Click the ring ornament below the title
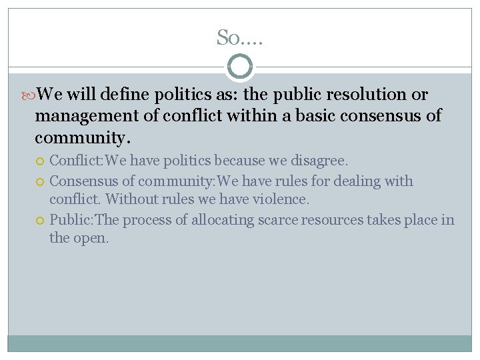tap(240, 67)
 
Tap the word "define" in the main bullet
tap(126, 95)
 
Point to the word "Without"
tap(128, 199)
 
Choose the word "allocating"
tap(223, 221)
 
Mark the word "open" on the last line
tap(89, 238)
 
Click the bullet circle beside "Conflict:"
tap(41, 161)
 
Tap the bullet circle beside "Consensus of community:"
tap(41, 181)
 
